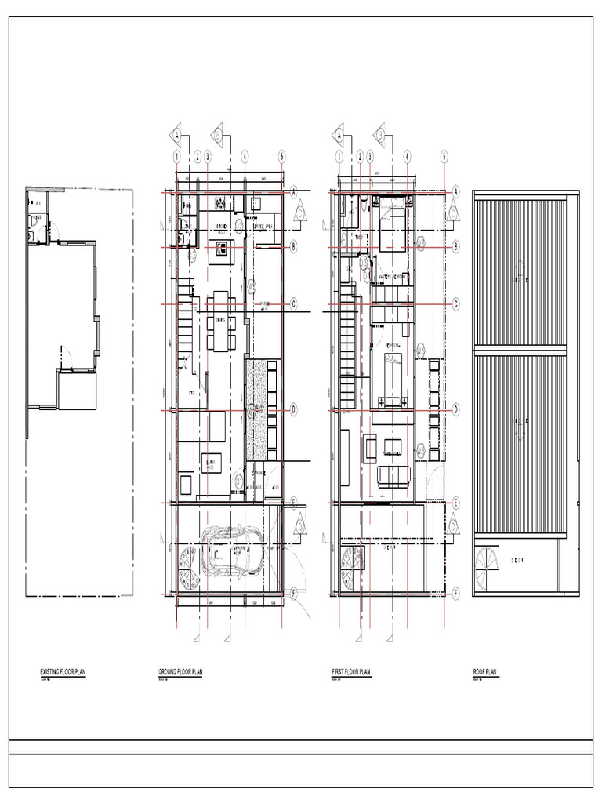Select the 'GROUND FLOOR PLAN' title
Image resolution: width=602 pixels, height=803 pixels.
180,672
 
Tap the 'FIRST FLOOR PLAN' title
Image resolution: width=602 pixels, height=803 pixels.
351,672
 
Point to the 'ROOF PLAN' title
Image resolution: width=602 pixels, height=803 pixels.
486,672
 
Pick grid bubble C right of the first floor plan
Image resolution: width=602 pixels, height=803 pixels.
456,303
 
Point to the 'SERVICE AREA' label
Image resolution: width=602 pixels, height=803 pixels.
262,227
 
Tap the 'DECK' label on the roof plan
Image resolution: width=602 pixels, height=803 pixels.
517,561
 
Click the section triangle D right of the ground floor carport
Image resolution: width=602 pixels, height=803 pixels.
301,527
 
